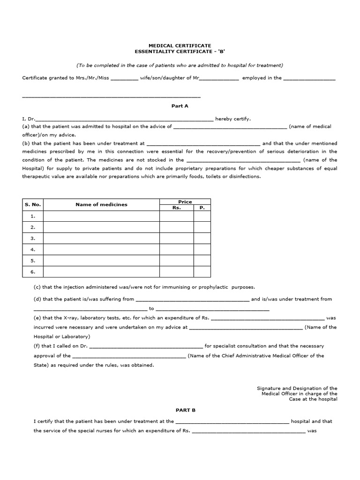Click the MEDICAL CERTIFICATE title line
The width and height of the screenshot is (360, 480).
(x=180, y=46)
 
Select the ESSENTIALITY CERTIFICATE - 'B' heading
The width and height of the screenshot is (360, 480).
(x=180, y=52)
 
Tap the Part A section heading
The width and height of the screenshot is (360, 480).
(x=180, y=106)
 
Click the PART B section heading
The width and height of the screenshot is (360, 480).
(x=186, y=410)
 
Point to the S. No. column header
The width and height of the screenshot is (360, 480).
(x=33, y=204)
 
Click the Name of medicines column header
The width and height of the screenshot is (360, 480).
(x=101, y=204)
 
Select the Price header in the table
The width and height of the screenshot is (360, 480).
(x=185, y=202)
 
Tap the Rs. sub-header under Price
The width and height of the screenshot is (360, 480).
(x=177, y=207)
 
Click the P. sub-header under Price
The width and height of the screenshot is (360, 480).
(x=202, y=207)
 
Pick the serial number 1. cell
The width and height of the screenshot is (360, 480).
(x=33, y=216)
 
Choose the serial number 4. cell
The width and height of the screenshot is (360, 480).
(x=33, y=249)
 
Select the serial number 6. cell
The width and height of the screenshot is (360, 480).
(x=33, y=271)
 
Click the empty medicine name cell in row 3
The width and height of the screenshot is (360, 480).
(x=101, y=238)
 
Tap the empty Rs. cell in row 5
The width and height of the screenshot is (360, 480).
(x=177, y=261)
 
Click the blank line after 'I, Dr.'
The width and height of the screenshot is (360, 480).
(x=125, y=120)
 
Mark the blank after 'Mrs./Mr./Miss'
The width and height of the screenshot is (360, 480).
(x=125, y=79)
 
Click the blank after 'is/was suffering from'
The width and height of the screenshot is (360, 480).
(x=193, y=300)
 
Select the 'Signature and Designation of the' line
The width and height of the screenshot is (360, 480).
(x=297, y=388)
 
